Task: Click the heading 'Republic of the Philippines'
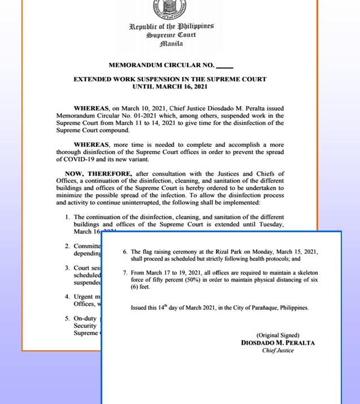point(171,26)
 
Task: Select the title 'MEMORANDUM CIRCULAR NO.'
point(161,66)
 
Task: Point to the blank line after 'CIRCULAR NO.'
point(224,67)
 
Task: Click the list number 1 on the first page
point(67,217)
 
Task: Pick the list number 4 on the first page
point(67,297)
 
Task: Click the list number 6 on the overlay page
point(125,251)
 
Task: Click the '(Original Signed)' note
point(277,335)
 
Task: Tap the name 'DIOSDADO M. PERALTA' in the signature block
point(277,343)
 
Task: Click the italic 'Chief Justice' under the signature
point(277,350)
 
